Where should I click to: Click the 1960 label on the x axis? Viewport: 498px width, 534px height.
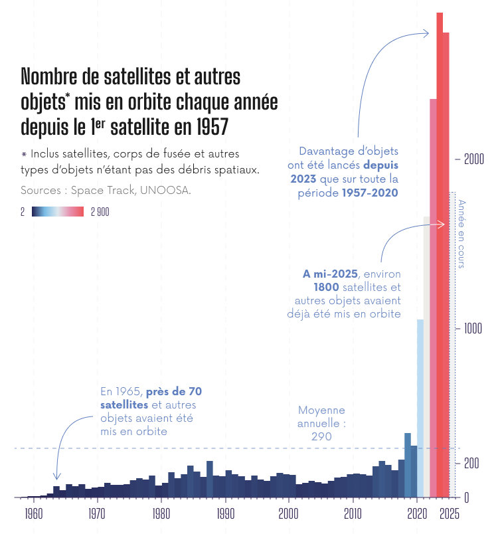[x=34, y=513]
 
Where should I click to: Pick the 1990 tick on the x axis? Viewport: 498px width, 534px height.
[x=226, y=513]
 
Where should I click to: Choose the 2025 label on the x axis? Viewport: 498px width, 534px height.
[x=450, y=513]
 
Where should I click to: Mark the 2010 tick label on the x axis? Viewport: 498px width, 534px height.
[x=353, y=513]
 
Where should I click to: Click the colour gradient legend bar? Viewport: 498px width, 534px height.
[x=57, y=212]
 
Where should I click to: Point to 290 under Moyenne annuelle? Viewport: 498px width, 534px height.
[x=321, y=436]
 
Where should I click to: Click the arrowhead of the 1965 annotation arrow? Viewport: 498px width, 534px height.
[x=56, y=478]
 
